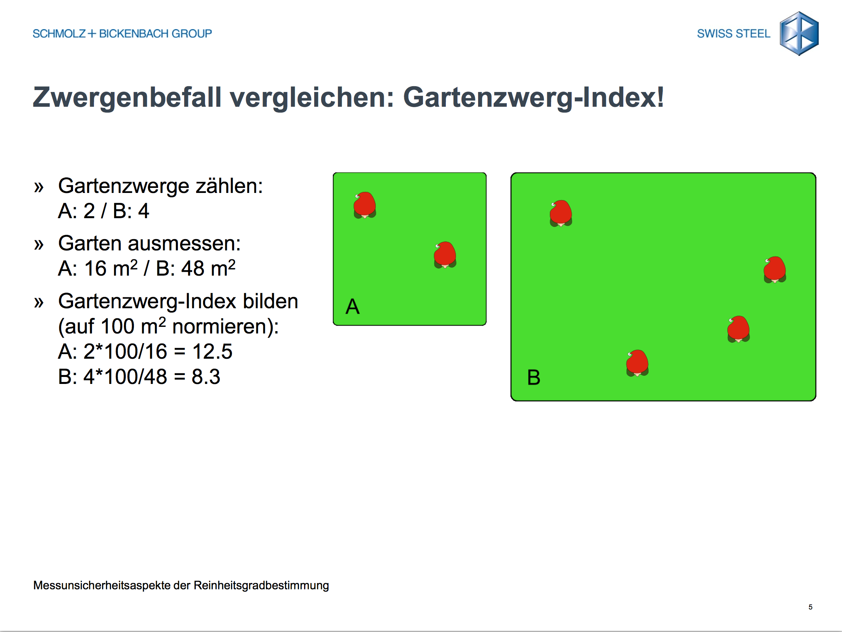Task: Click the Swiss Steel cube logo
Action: (799, 33)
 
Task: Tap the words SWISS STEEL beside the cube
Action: (733, 34)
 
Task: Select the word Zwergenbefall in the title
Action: (127, 98)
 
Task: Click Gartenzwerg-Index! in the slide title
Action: (534, 98)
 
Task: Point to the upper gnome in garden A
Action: (365, 205)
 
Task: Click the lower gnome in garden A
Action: (445, 255)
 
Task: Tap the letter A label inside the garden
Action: (353, 306)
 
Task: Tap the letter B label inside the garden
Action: (534, 377)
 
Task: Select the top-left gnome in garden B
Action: (561, 213)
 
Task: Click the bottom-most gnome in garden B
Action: (637, 363)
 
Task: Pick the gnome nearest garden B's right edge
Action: (775, 269)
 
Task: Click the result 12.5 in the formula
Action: (212, 352)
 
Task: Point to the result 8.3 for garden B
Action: (206, 377)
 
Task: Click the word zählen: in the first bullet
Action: (229, 186)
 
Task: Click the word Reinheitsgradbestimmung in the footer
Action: (261, 585)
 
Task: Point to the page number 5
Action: (811, 607)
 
